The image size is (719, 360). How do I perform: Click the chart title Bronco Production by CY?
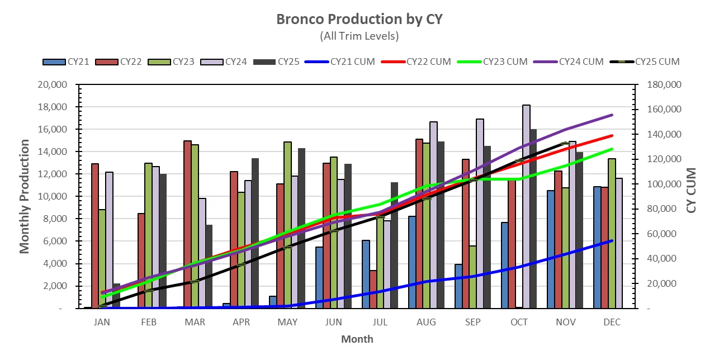(x=359, y=19)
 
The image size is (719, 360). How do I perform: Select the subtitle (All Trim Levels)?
(x=359, y=36)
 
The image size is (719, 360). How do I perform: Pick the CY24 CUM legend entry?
(x=569, y=61)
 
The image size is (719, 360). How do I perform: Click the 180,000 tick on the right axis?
(x=661, y=85)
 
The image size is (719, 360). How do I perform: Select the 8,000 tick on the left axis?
(x=55, y=219)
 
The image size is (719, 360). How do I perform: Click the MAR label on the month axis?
(x=195, y=323)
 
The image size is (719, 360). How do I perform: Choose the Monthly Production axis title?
(x=25, y=197)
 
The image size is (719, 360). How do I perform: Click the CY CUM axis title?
(x=692, y=190)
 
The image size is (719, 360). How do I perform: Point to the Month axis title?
(x=357, y=339)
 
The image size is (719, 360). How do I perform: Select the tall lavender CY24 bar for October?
(x=526, y=207)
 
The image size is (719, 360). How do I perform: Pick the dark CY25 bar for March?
(x=209, y=267)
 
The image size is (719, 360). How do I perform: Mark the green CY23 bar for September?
(x=472, y=277)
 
